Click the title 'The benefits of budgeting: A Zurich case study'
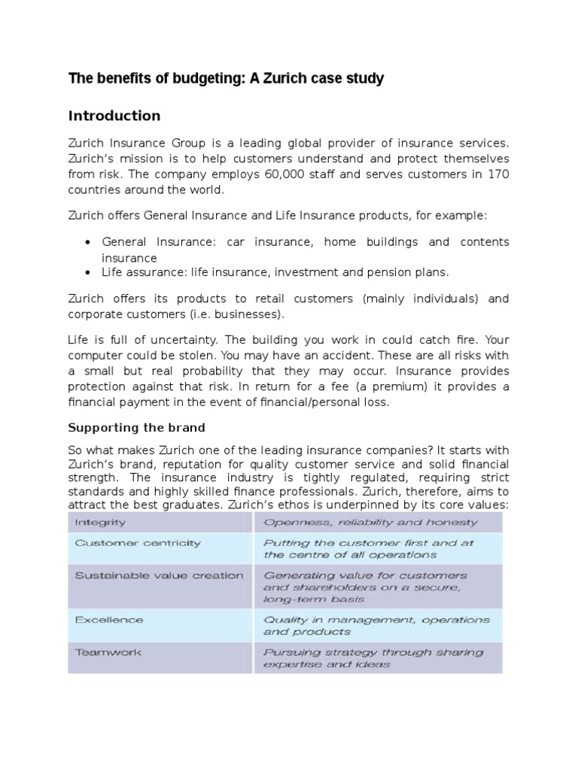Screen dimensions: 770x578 coord(226,78)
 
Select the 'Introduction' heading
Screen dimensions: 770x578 coord(114,116)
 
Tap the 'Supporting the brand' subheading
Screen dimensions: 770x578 coord(136,428)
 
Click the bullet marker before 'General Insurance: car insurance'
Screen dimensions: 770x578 coord(88,242)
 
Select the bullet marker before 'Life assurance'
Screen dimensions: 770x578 coord(88,272)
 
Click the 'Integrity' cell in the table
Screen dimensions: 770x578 coord(101,521)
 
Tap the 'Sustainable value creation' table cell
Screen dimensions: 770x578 coord(159,575)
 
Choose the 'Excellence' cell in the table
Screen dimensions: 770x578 coord(109,620)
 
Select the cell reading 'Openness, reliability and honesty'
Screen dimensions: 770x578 coord(370,522)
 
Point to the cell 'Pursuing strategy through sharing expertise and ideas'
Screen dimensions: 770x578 coord(373,659)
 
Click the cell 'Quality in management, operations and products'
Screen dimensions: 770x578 coord(376,626)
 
